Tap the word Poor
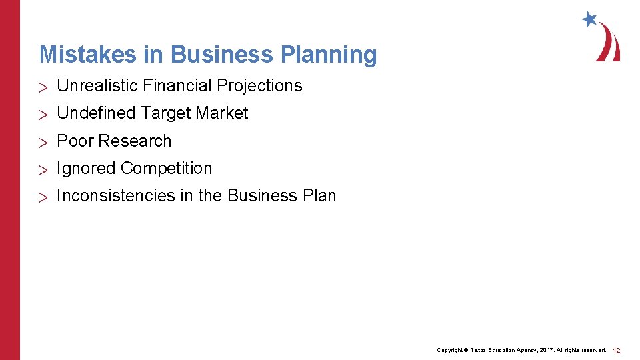[x=75, y=141]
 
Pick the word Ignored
[x=86, y=169]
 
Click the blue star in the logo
[x=589, y=19]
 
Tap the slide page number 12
[x=617, y=350]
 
